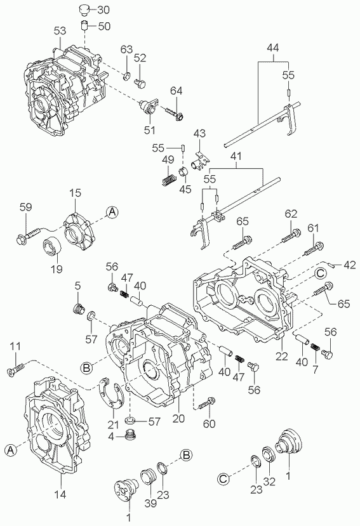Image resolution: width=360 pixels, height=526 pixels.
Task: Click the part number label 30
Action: click(x=103, y=10)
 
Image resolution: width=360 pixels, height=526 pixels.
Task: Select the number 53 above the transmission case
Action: click(x=60, y=31)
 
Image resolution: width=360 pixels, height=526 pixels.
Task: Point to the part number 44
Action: click(x=273, y=48)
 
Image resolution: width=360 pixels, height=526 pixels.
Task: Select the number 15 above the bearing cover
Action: click(x=75, y=194)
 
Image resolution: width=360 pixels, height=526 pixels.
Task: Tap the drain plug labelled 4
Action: click(x=130, y=435)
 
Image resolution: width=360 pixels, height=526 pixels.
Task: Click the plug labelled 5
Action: click(x=79, y=308)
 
